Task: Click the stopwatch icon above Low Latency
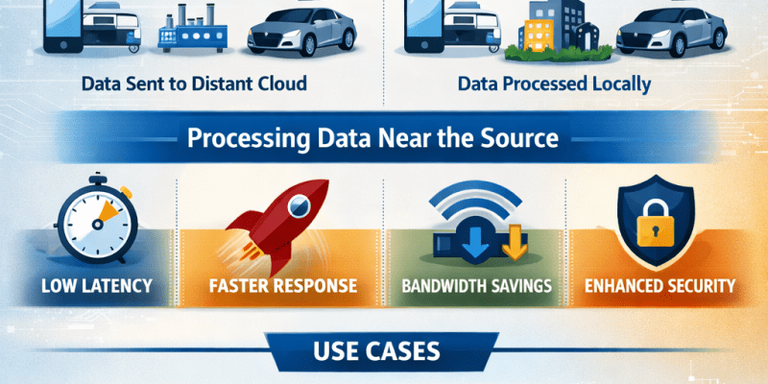point(95,223)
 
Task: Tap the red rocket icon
point(273,217)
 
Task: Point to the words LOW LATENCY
point(95,285)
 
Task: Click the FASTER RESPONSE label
point(282,285)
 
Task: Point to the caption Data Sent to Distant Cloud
point(194,84)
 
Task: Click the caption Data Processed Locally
point(554,84)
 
